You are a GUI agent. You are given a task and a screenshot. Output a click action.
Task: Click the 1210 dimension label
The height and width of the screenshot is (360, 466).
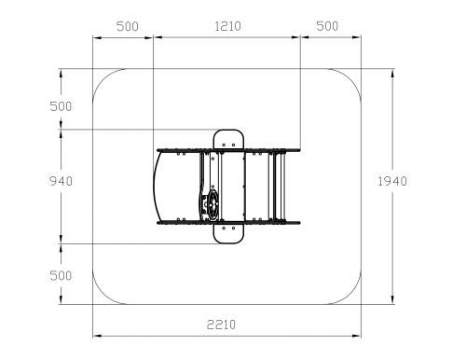point(227,26)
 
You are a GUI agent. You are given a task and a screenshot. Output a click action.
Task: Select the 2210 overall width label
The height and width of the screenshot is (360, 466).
point(221,325)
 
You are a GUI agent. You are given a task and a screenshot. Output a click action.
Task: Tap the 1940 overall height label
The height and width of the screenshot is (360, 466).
point(392,181)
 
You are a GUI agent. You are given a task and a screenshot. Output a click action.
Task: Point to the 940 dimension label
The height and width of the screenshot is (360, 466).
point(61,181)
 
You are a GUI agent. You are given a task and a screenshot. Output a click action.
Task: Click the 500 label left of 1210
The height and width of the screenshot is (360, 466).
point(128,26)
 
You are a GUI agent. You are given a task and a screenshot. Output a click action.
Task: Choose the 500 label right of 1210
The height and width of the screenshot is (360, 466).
point(327,26)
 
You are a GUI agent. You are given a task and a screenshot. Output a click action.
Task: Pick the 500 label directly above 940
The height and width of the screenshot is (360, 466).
point(61,106)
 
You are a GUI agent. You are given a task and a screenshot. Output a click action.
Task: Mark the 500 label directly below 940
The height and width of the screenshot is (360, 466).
point(61,275)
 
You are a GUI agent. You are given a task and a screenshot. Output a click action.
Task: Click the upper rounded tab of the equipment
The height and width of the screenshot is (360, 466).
point(228,139)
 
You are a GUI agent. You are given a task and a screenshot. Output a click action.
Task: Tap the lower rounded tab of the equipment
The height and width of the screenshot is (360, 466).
point(228,233)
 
